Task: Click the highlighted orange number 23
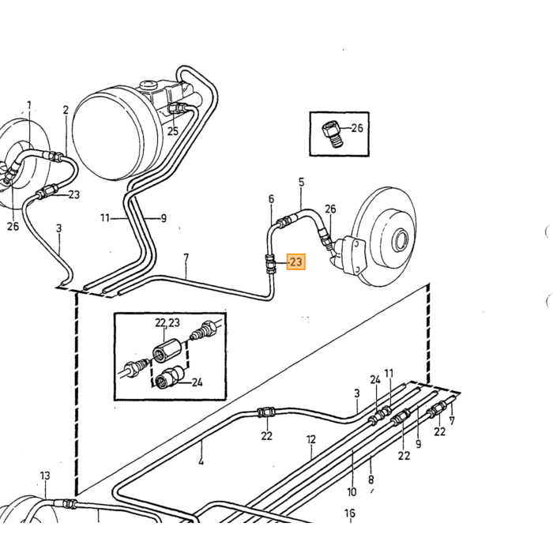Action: (x=296, y=262)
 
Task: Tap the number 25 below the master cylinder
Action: (x=173, y=132)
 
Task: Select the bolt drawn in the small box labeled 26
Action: (x=333, y=134)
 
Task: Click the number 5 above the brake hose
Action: (x=301, y=182)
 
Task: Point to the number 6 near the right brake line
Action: (x=271, y=199)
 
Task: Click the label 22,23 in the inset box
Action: (x=167, y=322)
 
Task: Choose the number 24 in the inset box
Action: (x=197, y=382)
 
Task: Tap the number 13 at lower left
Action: (x=45, y=476)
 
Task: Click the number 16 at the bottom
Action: (x=350, y=513)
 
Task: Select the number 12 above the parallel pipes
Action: (x=311, y=440)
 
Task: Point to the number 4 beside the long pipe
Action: (x=201, y=461)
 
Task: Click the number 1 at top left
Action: (x=29, y=105)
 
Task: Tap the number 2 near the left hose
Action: (x=66, y=110)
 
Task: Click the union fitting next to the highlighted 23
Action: (x=271, y=264)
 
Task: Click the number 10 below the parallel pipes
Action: (x=352, y=492)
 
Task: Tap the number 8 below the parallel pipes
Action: (x=371, y=480)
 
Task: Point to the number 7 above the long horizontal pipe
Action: (x=186, y=258)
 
